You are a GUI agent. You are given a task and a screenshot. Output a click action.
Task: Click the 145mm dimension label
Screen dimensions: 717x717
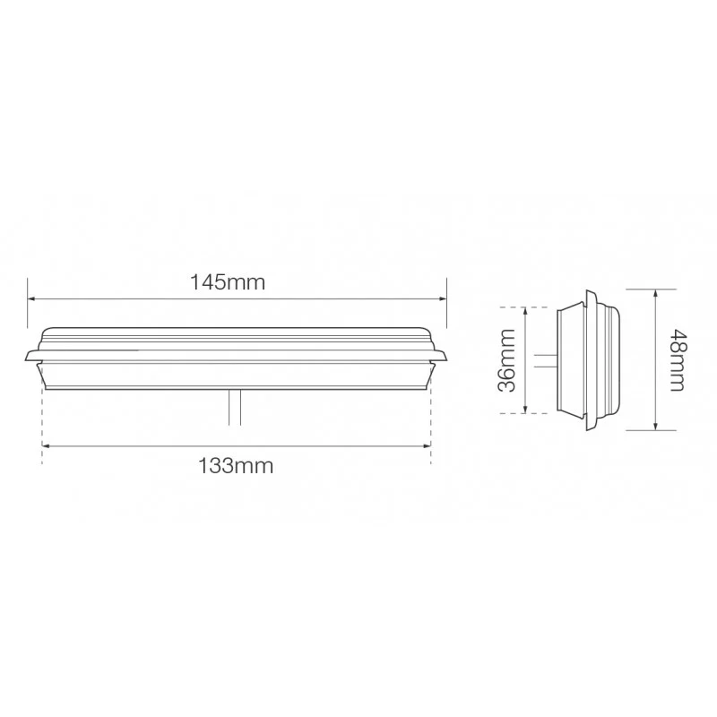[x=228, y=282]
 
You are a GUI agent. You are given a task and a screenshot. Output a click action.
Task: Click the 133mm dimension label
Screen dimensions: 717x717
[x=236, y=466]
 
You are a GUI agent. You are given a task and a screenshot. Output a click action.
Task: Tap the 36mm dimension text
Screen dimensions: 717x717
[x=506, y=360]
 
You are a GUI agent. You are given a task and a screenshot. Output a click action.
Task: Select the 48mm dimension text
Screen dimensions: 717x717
[x=677, y=360]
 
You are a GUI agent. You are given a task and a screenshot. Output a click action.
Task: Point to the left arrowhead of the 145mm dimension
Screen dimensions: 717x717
[x=31, y=299]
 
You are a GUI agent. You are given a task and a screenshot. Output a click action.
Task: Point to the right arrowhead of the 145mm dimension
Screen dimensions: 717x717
[x=442, y=299]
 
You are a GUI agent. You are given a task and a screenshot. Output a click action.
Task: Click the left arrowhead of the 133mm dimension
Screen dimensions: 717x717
[x=46, y=445]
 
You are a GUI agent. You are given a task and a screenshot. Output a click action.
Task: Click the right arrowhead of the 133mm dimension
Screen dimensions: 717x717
[x=427, y=445]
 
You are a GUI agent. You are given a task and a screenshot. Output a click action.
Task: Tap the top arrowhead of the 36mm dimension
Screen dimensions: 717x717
[x=525, y=311]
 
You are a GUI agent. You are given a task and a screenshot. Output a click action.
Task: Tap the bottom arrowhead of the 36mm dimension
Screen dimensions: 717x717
[x=525, y=410]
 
